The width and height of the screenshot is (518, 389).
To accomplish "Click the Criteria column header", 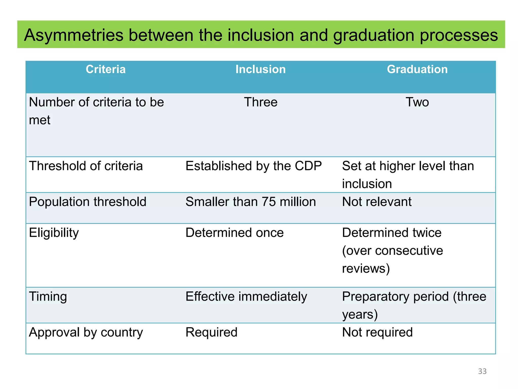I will tap(105, 69).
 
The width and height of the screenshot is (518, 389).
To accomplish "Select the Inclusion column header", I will tap(261, 69).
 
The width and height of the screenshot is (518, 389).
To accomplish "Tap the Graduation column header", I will tap(417, 69).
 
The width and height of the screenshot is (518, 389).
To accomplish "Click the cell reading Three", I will tap(261, 102).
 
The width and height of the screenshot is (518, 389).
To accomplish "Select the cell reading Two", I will tap(417, 102).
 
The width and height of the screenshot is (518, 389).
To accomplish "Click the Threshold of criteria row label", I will tap(86, 166).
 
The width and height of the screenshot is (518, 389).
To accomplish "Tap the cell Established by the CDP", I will tap(253, 166).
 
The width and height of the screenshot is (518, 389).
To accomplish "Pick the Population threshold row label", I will tap(88, 202).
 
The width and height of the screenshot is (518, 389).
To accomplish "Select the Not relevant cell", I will tap(377, 202).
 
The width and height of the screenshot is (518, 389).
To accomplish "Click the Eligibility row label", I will tap(54, 233).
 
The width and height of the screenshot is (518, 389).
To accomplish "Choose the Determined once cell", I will tap(234, 233).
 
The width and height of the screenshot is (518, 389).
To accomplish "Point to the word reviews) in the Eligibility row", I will tap(366, 268).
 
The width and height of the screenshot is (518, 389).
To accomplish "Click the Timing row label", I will tap(48, 297).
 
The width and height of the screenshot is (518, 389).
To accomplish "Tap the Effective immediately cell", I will tap(246, 297).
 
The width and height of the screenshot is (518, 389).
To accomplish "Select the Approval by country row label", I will tap(86, 332).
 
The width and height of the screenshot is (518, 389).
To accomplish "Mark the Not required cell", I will tap(377, 332).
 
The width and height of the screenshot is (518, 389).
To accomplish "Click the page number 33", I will tap(482, 371).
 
